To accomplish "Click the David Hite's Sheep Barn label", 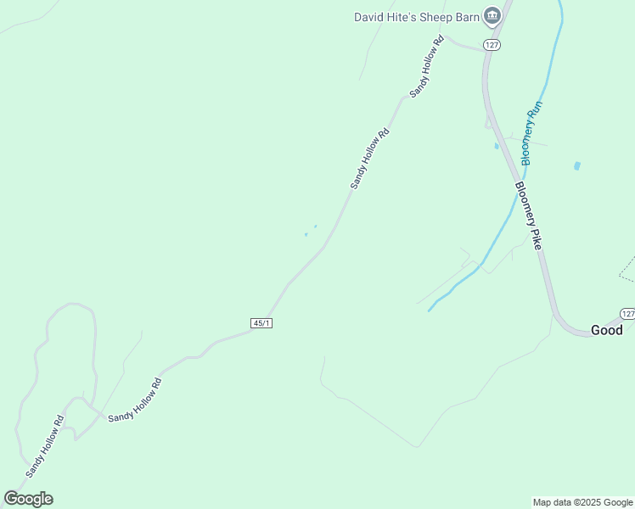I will (x=415, y=17).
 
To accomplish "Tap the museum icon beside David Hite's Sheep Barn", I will (x=492, y=16).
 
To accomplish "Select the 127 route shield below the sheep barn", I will (x=491, y=44).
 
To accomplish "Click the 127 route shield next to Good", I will (x=627, y=313).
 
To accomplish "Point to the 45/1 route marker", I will (x=262, y=323).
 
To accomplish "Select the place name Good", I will (x=606, y=331).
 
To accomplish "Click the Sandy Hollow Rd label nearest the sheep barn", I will (x=426, y=66).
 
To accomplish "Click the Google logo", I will (x=28, y=499).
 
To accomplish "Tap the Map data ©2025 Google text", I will (x=583, y=502).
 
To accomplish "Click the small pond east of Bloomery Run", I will (x=577, y=166).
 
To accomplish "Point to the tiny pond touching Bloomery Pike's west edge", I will (x=497, y=146).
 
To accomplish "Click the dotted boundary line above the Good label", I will (x=626, y=269).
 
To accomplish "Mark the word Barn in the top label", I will (x=464, y=17).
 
